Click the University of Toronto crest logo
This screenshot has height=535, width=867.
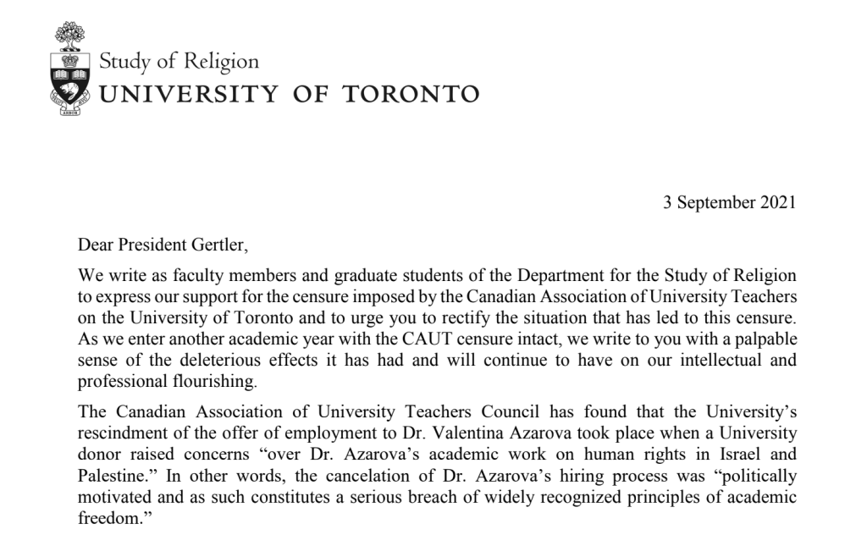pos(70,72)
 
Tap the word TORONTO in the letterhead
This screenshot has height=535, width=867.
pos(411,93)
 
